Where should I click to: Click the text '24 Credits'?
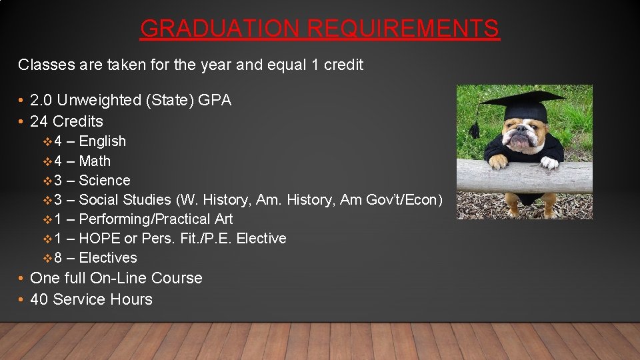pos(67,121)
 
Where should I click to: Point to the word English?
pos(102,141)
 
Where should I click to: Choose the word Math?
pos(95,161)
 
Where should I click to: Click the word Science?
pos(105,181)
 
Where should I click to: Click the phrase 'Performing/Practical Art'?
pos(156,219)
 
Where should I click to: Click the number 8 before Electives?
pos(58,258)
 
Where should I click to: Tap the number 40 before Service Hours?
pos(39,299)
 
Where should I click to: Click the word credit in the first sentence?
pos(343,65)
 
